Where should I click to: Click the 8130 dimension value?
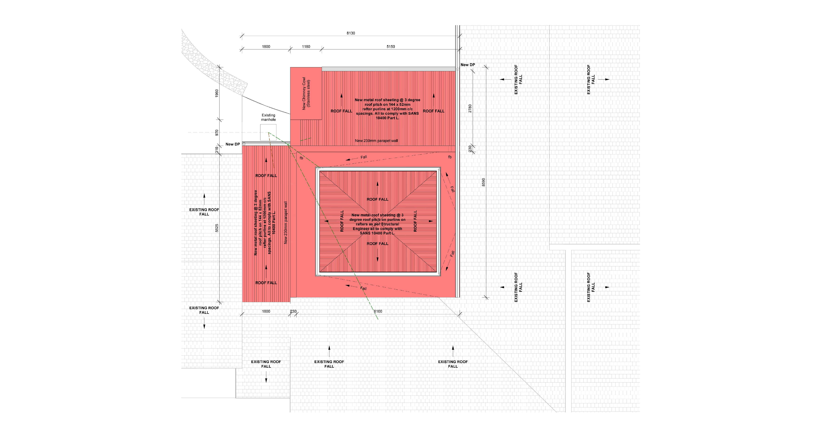tap(351, 33)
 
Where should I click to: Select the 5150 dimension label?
tap(390, 47)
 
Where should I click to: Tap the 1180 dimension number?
tap(306, 47)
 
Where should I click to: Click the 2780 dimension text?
tap(470, 108)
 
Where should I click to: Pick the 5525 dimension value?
tap(217, 228)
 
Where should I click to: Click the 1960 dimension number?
tap(217, 93)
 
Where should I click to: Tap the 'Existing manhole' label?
tap(268, 117)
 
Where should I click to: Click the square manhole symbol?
tap(268, 132)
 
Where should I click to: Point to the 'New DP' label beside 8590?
tap(467, 65)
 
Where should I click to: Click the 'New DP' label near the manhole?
tap(233, 144)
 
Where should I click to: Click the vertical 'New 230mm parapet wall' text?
tap(286, 222)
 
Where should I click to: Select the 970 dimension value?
tap(217, 132)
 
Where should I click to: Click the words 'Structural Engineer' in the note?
tap(377, 226)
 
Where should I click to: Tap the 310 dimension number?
tap(217, 149)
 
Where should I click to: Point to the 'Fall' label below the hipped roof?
tap(363, 288)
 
